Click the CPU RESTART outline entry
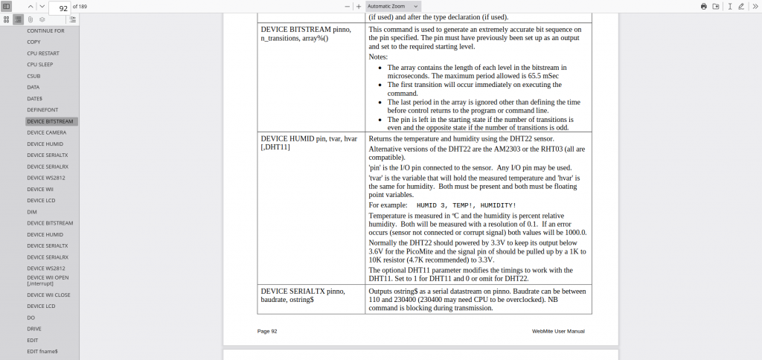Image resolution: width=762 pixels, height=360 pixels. tap(43, 54)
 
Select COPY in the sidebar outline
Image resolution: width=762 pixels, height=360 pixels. tap(33, 42)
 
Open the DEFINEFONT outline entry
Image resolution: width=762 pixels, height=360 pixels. tap(42, 109)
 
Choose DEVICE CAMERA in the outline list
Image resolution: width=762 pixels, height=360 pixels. tap(46, 132)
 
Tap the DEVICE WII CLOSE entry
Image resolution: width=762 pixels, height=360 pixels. tap(48, 295)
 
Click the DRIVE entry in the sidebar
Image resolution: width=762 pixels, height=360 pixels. tap(34, 328)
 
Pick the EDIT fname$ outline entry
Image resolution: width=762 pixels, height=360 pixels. tap(42, 351)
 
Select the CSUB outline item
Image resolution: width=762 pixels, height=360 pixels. tap(33, 76)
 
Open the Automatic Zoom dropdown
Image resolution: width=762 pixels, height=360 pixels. tap(393, 6)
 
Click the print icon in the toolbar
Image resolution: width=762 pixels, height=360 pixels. tap(704, 6)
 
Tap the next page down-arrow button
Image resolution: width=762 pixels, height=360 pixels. tap(42, 6)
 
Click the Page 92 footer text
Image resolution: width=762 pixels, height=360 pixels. tap(267, 330)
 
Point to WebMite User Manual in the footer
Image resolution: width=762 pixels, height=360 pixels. tap(558, 330)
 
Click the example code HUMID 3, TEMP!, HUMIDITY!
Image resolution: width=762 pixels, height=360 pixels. tap(466, 205)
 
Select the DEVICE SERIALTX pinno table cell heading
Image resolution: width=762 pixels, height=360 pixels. tap(302, 291)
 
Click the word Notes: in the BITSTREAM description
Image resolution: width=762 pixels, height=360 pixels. tap(378, 57)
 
